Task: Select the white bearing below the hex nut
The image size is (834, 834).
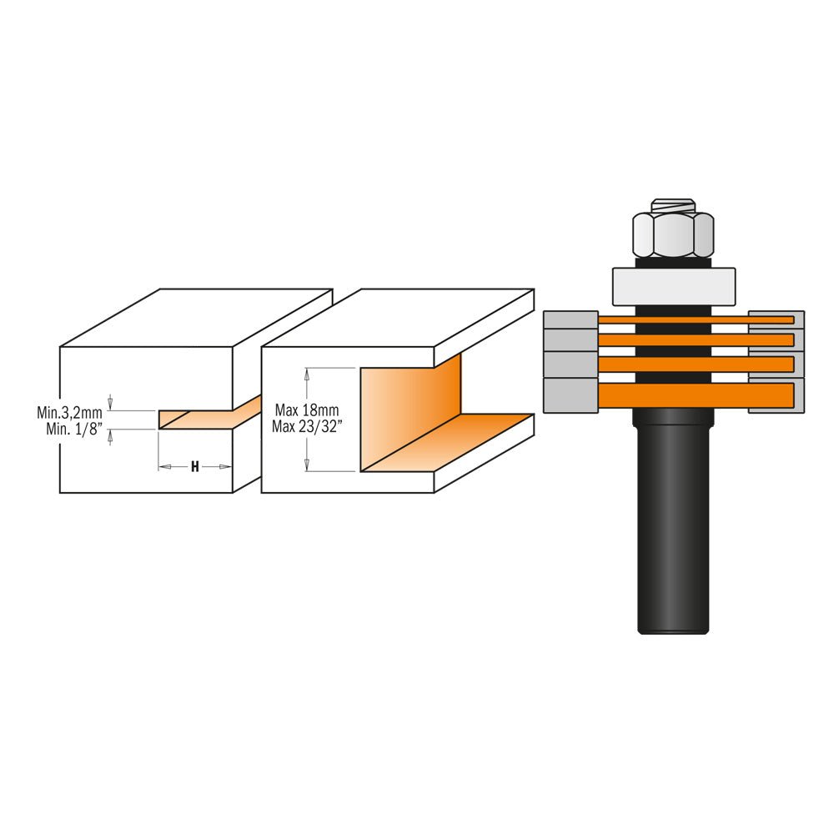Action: [673, 287]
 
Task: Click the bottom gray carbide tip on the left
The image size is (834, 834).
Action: [570, 395]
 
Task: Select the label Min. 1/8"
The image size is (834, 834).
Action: [73, 428]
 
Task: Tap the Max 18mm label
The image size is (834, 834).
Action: [307, 410]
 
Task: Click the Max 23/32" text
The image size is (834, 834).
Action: [307, 426]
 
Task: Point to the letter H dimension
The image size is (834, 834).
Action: [194, 467]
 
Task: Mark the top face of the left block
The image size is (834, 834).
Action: [197, 317]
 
